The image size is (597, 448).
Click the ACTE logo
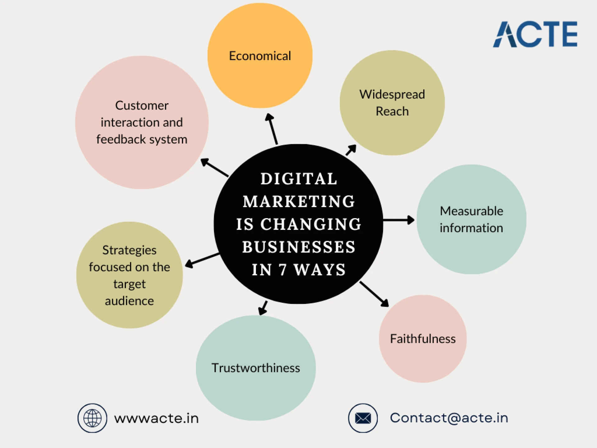tap(535, 34)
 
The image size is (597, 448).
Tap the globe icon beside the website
tap(92, 418)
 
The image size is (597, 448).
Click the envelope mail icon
tap(363, 418)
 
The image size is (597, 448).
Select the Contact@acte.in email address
tap(449, 418)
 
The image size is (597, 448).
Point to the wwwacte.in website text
tap(156, 418)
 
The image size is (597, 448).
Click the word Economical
tap(260, 56)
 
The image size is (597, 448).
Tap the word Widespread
tap(392, 94)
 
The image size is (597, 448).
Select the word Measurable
tap(471, 211)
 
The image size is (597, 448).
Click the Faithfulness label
tap(423, 339)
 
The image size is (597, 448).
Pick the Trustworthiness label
tap(256, 368)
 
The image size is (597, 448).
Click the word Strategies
tap(129, 250)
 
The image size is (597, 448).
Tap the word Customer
tap(142, 105)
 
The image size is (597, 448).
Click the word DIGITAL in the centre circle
tap(299, 179)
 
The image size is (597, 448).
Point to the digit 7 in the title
tap(282, 270)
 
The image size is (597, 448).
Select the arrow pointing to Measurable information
tap(399, 220)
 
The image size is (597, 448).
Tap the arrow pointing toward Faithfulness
tap(374, 294)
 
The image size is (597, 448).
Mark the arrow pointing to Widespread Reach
tap(351, 150)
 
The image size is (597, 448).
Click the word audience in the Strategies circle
tap(129, 301)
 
